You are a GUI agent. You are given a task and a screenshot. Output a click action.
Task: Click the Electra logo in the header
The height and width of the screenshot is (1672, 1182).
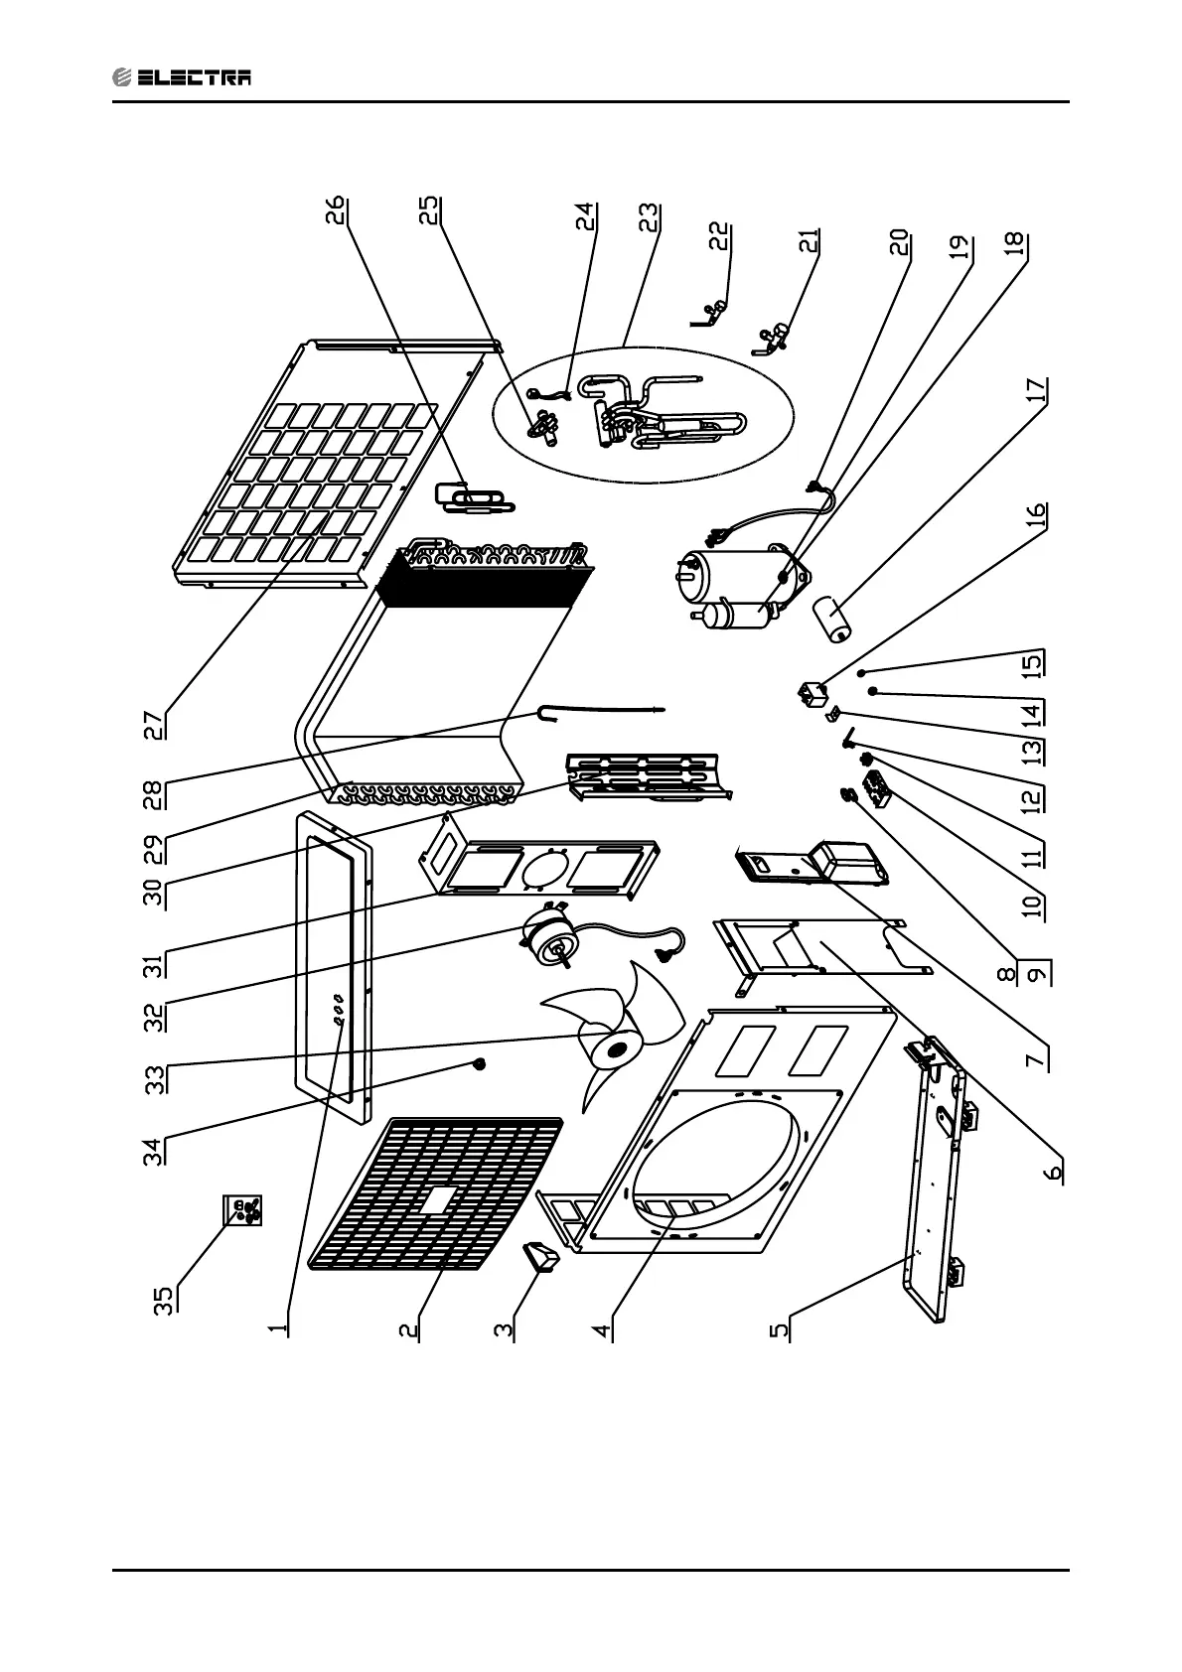click(182, 76)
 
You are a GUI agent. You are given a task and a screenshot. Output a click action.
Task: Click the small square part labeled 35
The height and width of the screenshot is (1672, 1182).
click(243, 1211)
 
